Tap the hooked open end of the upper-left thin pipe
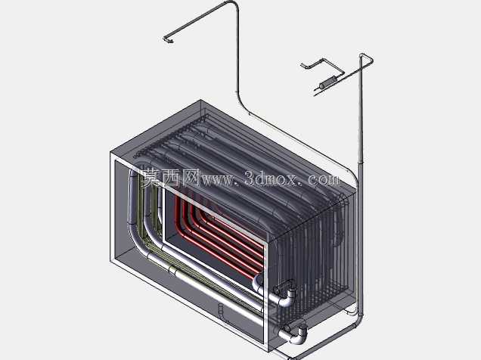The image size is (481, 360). point(168,40)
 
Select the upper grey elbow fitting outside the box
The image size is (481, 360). point(286,294)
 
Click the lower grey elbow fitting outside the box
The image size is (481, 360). point(295,335)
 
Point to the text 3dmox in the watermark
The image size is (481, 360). point(271,178)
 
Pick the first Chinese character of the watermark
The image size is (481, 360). point(151,178)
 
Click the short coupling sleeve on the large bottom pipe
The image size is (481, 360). point(173,270)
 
